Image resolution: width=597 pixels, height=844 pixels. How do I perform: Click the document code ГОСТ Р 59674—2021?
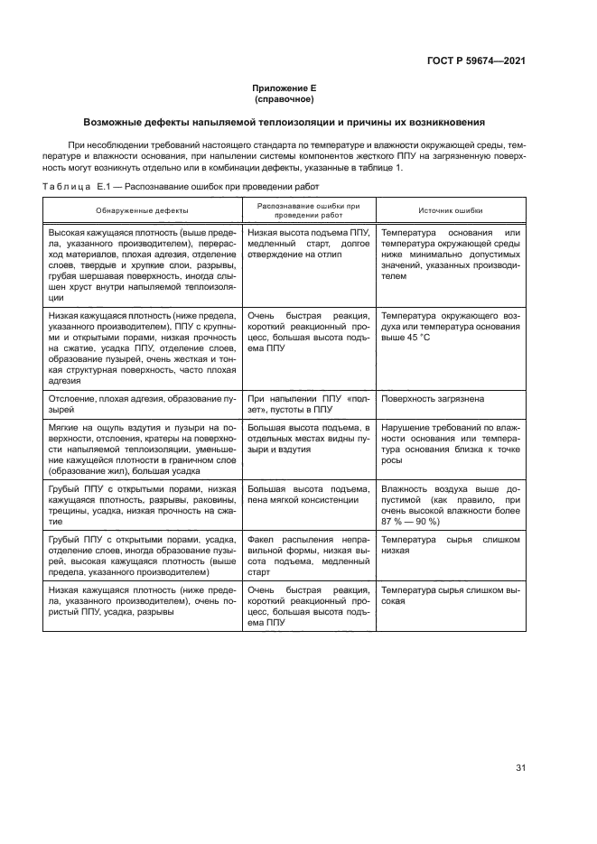(476, 60)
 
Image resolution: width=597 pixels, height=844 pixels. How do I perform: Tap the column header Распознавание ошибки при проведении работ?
(307, 209)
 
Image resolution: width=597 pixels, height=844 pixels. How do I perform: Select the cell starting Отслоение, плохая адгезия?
(143, 403)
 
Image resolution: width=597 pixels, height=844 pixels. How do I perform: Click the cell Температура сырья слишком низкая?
(450, 543)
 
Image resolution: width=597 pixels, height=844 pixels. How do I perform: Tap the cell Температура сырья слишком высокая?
(450, 593)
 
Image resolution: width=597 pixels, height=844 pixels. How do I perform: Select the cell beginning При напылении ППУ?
(307, 403)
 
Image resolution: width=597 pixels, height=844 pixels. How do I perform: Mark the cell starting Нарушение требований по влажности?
(450, 442)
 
